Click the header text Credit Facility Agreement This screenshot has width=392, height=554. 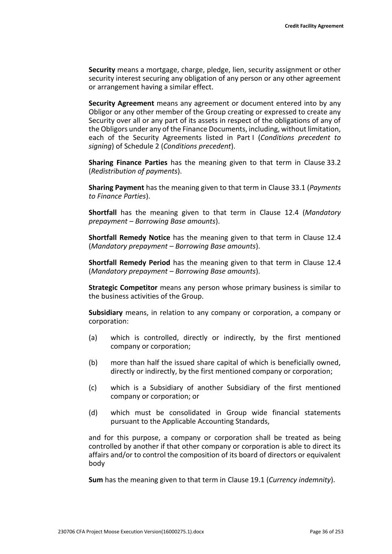pos(314,26)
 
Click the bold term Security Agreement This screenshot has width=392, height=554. pos(121,103)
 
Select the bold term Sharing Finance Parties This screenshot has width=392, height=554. pos(128,163)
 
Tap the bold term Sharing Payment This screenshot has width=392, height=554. pos(116,188)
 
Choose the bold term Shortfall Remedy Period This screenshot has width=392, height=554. pos(129,263)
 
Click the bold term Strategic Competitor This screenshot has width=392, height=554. pos(123,288)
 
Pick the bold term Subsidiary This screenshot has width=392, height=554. pos(106,313)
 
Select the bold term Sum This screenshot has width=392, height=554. pos(95,480)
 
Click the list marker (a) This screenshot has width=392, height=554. pos(93,338)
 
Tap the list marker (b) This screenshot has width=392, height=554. pos(93,363)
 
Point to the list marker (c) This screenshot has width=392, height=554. pos(93,388)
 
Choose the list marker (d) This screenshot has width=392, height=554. pos(93,413)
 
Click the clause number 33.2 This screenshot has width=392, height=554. pos(334,163)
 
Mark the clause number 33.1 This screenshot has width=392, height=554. pos(297,188)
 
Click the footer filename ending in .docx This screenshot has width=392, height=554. pos(131,532)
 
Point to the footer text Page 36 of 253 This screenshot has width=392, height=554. pos(326,532)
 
